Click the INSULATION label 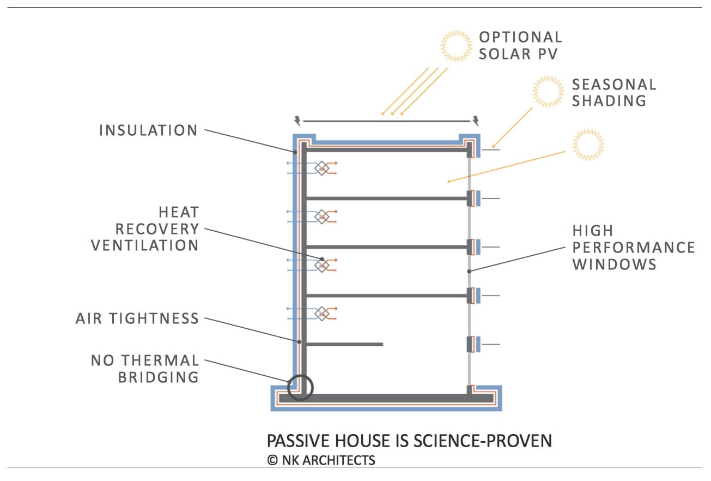pos(148,131)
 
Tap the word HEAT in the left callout pos(179,212)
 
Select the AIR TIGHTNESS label pos(137,319)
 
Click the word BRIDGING pos(159,377)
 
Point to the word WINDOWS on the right pos(614,265)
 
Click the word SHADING pos(609,101)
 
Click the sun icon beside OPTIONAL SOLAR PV pos(456,45)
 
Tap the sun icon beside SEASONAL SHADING pos(548,91)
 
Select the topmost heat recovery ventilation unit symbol pos(322,168)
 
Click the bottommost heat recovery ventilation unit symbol pos(322,314)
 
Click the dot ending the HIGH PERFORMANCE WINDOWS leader pos(469,270)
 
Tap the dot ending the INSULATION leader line pos(295,152)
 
